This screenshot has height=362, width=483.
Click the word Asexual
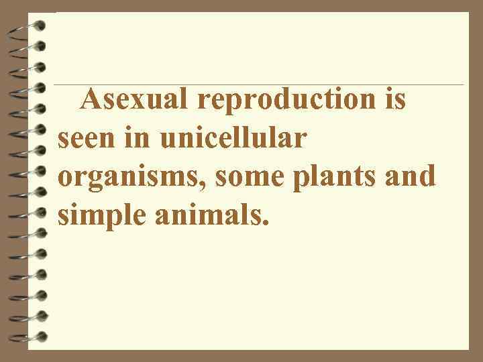(x=137, y=101)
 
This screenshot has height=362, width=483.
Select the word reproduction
(x=288, y=101)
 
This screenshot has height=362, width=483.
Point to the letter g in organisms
(x=94, y=182)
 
